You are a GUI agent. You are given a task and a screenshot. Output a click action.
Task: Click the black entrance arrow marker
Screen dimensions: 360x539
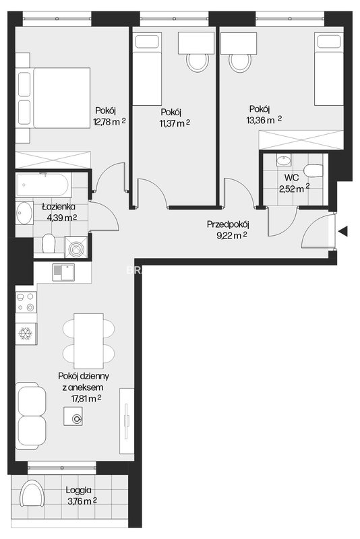(x=342, y=231)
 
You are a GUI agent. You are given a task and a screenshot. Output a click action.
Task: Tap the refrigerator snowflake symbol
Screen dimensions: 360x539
(x=25, y=334)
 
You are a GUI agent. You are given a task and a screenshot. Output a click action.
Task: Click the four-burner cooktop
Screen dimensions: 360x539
(x=26, y=302)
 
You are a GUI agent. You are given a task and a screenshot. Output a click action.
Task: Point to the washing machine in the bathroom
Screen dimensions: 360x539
(x=76, y=247)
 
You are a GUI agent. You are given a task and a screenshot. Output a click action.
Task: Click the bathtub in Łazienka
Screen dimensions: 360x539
(x=44, y=185)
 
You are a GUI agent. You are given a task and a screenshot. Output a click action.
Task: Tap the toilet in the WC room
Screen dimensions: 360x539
(x=313, y=170)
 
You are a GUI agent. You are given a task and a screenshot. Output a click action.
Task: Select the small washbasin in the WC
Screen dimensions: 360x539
(x=283, y=160)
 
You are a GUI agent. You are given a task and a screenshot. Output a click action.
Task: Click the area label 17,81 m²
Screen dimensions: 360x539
(x=84, y=398)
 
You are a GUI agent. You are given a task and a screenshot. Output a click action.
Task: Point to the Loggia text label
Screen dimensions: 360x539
(x=79, y=490)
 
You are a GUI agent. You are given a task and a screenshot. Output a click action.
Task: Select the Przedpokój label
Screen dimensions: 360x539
(x=228, y=225)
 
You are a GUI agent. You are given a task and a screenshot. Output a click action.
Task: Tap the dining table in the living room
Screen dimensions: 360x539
(x=89, y=341)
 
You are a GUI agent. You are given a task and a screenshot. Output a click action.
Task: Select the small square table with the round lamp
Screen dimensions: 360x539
(x=73, y=416)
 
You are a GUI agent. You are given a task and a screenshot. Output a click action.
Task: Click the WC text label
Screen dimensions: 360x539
(x=291, y=178)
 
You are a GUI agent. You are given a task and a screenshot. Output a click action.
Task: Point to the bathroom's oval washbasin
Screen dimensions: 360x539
(x=24, y=213)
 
